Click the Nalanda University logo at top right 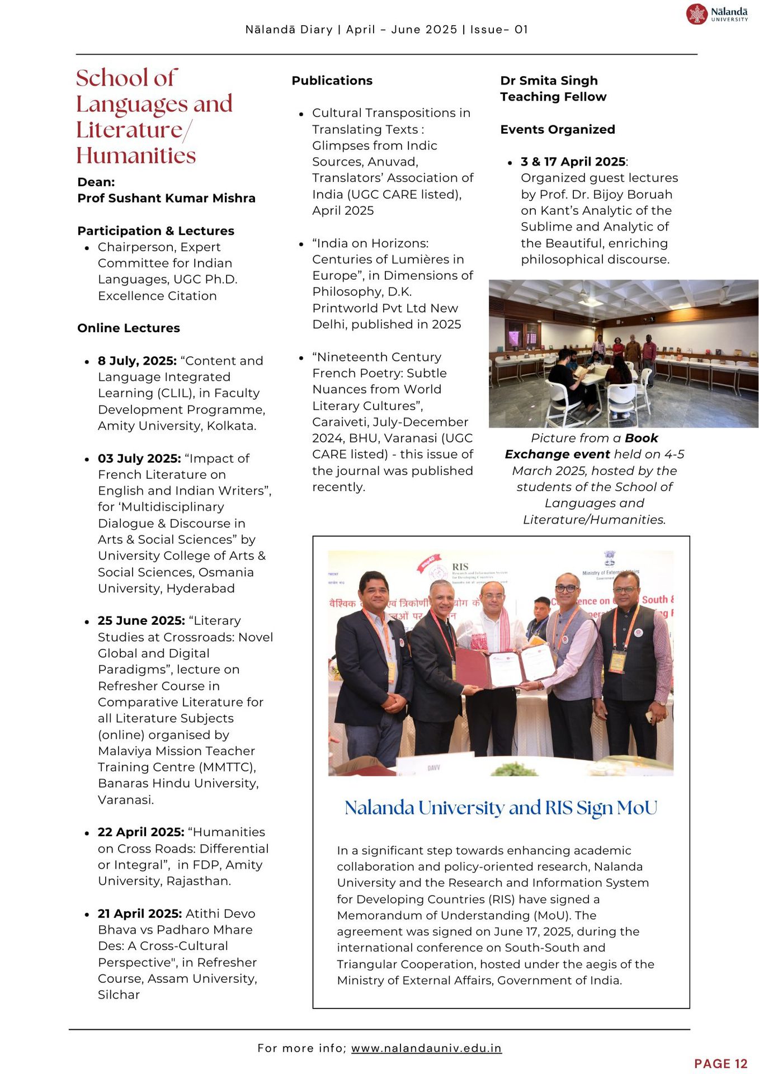[x=716, y=14]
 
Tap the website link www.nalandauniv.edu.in [x=426, y=1048]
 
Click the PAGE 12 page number [x=720, y=1064]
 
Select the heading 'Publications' [x=332, y=81]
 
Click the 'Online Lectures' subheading [x=129, y=328]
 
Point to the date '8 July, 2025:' [x=137, y=361]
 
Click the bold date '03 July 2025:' [x=139, y=459]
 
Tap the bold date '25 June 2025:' [x=141, y=621]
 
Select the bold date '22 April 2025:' [x=141, y=832]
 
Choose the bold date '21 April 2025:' [x=140, y=913]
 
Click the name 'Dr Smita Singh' [x=549, y=81]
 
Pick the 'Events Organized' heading [x=557, y=130]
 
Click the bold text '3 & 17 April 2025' [x=573, y=162]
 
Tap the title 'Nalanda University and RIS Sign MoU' [x=501, y=808]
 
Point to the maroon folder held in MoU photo [x=473, y=668]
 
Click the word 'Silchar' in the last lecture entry [x=119, y=995]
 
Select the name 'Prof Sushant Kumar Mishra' [x=166, y=199]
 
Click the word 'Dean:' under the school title [x=96, y=182]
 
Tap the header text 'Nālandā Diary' [x=289, y=30]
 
